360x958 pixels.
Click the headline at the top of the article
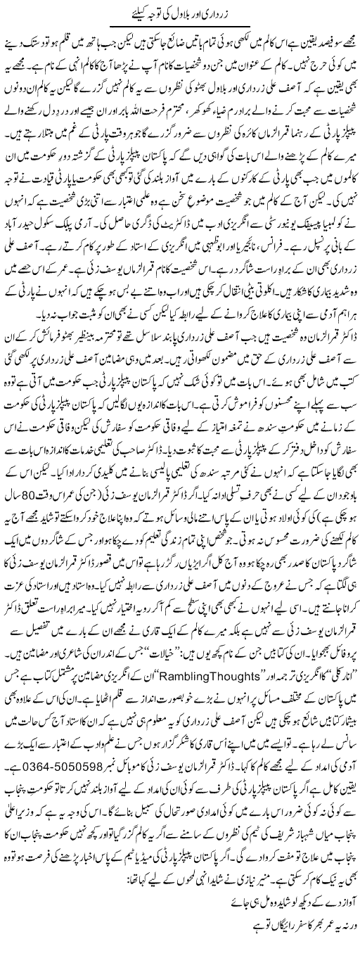click(x=180, y=13)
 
